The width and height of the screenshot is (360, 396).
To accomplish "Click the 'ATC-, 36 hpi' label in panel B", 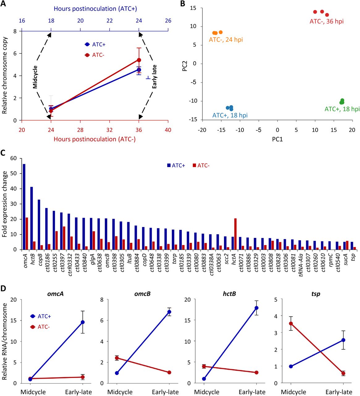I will tap(326, 21).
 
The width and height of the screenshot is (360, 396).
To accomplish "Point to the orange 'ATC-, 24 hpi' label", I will tap(226, 40).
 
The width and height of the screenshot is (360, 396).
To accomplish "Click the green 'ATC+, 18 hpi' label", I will tap(342, 109).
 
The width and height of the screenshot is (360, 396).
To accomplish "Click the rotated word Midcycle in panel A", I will tap(35, 77).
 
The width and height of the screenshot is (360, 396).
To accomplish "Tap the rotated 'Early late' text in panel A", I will tap(155, 76).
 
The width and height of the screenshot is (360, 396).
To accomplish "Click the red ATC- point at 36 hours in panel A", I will tap(139, 60).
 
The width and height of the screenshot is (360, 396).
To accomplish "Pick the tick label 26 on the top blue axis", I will tap(168, 21).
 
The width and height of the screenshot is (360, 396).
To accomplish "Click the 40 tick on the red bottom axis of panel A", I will tap(168, 130).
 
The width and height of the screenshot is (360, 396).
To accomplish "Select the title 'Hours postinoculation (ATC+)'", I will tap(95, 9).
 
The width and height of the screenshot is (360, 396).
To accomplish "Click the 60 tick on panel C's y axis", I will tap(13, 158).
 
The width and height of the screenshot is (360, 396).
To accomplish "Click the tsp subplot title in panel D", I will tap(316, 294).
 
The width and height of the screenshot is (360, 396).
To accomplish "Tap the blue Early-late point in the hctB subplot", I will tap(256, 308).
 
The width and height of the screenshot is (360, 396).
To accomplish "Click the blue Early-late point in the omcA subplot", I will tap(83, 322).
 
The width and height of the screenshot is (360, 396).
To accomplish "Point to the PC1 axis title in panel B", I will tap(277, 139).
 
